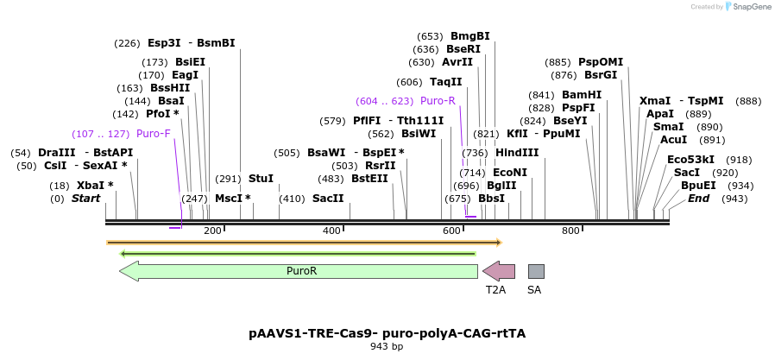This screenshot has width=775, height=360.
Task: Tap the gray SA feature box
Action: point(536,271)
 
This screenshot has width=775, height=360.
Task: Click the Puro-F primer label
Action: point(154,134)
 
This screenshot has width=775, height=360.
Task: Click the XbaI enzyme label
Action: point(95,185)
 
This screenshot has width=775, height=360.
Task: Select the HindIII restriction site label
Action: point(517,153)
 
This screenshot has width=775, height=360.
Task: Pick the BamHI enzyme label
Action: point(582,95)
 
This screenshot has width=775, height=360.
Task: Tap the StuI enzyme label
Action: point(261,179)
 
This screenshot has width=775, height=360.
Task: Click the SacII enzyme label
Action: point(328,199)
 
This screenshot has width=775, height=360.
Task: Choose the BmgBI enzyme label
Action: point(470,36)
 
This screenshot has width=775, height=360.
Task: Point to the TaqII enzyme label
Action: point(446,82)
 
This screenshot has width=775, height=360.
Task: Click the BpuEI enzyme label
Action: point(698,186)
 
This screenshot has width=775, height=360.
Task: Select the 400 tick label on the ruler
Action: point(332,231)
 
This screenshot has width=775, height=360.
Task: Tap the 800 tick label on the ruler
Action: point(570,231)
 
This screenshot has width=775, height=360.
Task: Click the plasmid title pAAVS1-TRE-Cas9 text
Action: point(387,332)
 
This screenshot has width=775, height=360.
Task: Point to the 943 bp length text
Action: point(387,346)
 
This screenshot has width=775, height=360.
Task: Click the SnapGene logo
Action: point(748,7)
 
